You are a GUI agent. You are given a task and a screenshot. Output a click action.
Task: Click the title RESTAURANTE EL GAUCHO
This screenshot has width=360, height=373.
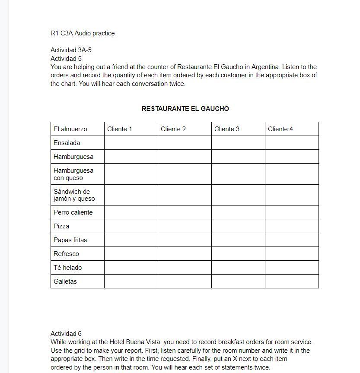point(185,109)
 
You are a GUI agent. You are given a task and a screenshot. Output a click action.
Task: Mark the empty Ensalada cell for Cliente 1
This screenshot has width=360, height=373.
point(131,143)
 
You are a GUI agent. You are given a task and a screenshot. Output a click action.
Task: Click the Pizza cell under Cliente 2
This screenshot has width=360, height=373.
point(185,226)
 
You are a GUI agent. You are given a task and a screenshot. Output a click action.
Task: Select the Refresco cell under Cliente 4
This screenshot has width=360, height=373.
point(292,254)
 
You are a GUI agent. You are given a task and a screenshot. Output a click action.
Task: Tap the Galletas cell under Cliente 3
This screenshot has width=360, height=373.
point(238,281)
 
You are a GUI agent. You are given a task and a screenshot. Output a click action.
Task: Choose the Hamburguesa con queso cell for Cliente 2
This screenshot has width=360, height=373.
point(185,174)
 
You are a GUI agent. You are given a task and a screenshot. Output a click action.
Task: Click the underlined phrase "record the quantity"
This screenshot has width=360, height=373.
point(109,75)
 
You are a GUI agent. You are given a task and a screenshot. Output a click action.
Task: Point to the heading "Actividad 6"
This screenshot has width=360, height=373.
point(66,334)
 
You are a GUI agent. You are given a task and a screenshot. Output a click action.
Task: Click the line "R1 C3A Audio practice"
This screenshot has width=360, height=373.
point(83,33)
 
